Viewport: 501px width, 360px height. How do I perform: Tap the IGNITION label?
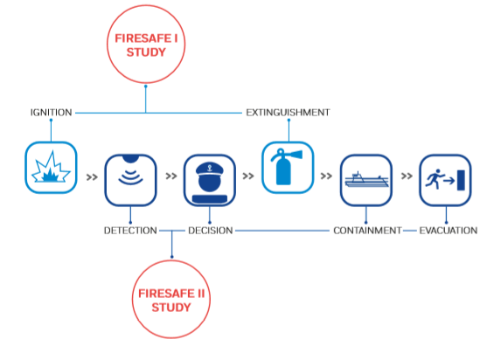point(51,113)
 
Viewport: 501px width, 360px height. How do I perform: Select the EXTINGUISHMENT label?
point(288,113)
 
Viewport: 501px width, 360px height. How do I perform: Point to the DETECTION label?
point(130,231)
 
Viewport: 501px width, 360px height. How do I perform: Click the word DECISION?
point(210,231)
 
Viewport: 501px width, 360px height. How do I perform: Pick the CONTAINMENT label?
point(367,231)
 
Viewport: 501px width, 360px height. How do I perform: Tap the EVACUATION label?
point(449,231)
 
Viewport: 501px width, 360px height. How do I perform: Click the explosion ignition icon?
point(51,168)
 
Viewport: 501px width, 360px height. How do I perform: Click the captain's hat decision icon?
point(210,180)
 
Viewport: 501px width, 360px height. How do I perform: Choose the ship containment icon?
point(366,180)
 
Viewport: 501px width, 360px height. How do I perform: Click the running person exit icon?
point(445,180)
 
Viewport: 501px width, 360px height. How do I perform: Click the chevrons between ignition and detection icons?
point(92,177)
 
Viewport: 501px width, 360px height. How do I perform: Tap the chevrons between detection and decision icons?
point(171,176)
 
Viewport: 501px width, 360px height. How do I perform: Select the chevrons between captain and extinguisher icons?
point(248,176)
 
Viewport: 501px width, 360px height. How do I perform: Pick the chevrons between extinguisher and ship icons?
point(326,176)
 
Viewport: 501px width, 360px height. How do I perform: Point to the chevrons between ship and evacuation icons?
point(407,176)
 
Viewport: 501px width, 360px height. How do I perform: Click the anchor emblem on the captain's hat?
point(210,168)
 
